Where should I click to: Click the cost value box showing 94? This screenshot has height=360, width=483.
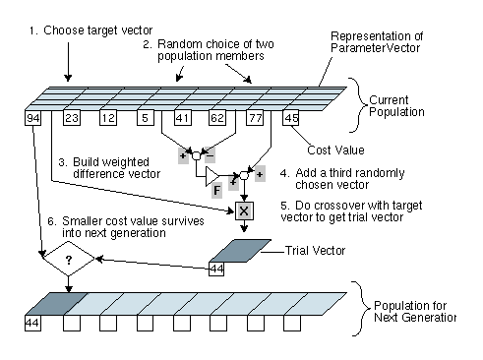click(33, 118)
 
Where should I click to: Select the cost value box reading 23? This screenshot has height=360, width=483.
click(72, 118)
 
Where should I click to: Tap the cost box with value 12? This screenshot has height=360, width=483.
click(108, 118)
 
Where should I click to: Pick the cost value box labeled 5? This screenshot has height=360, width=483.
click(146, 118)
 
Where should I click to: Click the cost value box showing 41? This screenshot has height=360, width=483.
click(183, 118)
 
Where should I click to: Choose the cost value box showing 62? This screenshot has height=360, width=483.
click(217, 118)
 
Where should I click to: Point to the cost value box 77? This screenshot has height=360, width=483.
click(255, 118)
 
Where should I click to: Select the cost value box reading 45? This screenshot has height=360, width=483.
click(291, 118)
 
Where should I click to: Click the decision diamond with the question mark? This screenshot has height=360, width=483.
click(69, 259)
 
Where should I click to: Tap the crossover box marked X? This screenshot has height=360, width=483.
click(244, 210)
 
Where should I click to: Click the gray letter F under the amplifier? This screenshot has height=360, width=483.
click(216, 191)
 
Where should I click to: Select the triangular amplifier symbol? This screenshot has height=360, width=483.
click(212, 176)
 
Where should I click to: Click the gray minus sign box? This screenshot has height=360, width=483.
click(210, 155)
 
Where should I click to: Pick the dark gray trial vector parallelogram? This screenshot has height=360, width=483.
click(240, 251)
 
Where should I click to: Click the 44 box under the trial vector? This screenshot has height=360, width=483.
click(216, 269)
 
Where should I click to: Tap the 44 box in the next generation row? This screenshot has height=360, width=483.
click(32, 323)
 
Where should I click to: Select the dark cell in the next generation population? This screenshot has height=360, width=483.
click(56, 304)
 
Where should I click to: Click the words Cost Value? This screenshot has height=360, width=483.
click(335, 150)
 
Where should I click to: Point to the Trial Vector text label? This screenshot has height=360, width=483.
click(315, 251)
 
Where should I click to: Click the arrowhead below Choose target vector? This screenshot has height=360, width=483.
click(68, 78)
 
